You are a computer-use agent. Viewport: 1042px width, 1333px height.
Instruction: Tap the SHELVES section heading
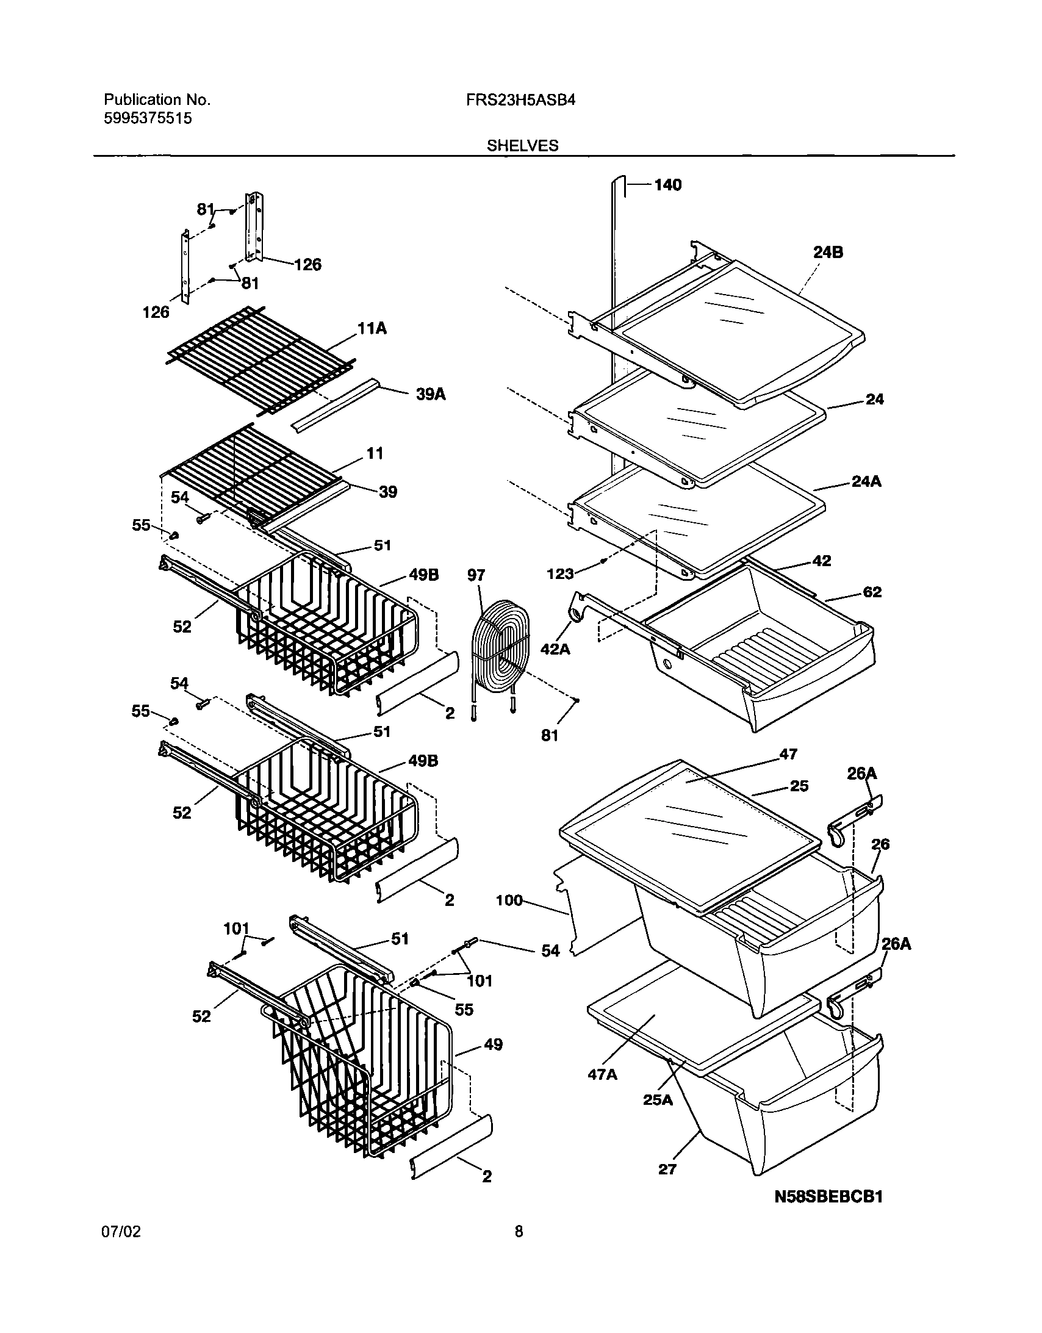pos(522,146)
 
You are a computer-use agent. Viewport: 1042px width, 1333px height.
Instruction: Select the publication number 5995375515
pos(148,118)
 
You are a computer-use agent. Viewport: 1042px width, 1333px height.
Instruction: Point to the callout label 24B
pos(828,252)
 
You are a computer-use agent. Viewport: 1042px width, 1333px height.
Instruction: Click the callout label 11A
pos(372,329)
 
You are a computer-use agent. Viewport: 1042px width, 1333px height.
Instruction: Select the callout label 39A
pos(430,395)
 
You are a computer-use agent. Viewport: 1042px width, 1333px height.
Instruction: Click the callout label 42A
pos(555,649)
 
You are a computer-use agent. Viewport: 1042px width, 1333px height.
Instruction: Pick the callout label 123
pos(561,573)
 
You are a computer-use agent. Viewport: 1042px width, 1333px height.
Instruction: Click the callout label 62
pos(872,592)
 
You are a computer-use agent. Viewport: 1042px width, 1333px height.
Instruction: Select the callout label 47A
pos(602,1074)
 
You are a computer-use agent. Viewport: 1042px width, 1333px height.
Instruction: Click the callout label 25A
pos(658,1101)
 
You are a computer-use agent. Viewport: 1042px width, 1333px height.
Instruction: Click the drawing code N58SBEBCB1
pos(828,1213)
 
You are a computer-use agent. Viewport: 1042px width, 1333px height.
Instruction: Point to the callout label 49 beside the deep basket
pos(493,1044)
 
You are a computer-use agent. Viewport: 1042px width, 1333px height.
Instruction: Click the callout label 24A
pos(866,482)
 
